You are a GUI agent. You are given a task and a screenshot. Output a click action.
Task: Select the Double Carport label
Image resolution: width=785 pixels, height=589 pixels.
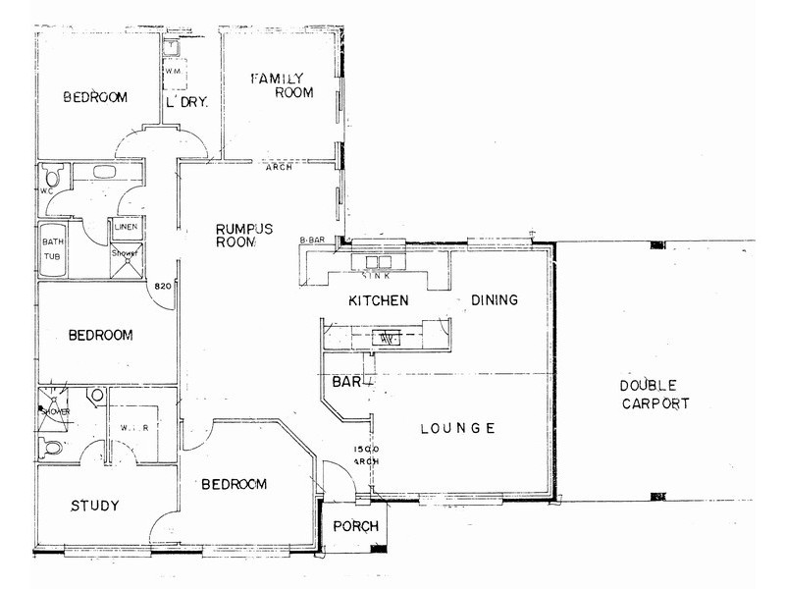(647, 395)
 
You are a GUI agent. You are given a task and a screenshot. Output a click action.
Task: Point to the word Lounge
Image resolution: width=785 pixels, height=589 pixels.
(456, 428)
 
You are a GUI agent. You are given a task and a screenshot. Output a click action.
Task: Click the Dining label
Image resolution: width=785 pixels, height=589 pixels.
(494, 300)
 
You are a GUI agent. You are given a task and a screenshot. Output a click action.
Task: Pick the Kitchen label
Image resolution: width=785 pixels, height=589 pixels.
(378, 300)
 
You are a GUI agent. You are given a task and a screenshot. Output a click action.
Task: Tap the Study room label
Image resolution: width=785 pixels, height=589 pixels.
(95, 507)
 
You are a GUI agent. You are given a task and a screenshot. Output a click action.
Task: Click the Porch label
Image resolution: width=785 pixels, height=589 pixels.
(355, 526)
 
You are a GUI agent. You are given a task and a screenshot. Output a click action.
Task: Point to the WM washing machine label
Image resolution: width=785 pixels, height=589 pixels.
(173, 72)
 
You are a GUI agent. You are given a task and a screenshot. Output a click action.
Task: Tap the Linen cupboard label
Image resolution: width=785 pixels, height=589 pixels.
(127, 227)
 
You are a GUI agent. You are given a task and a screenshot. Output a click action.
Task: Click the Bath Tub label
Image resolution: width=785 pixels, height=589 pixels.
(50, 247)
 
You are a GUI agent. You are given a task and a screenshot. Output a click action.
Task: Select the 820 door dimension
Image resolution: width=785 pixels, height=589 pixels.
(163, 287)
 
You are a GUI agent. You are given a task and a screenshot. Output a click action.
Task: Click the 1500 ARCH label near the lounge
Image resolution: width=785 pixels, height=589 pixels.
(365, 455)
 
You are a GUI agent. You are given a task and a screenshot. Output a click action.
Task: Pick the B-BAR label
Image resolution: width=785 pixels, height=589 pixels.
(311, 241)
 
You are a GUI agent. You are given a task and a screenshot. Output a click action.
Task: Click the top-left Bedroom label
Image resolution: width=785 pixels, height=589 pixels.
(96, 96)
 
